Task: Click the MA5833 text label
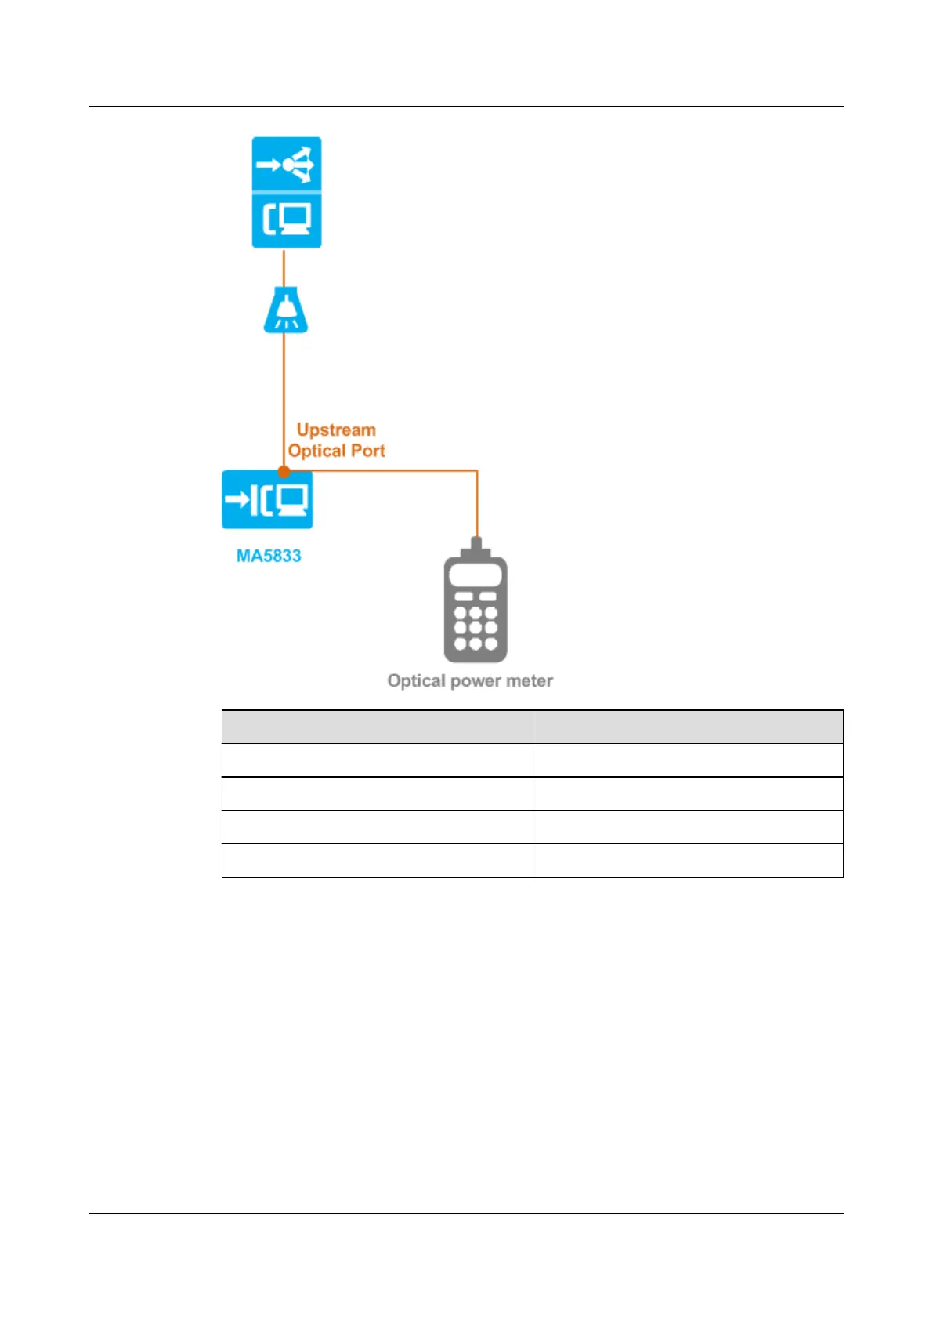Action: (269, 556)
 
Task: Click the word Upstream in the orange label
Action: (336, 430)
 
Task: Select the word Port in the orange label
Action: (368, 451)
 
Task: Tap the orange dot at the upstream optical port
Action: (284, 471)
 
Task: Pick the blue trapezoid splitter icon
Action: (285, 310)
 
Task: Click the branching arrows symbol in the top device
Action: (287, 165)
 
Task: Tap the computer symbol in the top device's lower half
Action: (287, 219)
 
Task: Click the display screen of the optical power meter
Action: (476, 574)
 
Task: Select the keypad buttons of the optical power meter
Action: (476, 627)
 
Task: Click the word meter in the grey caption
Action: (530, 680)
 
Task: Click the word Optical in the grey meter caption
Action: (416, 680)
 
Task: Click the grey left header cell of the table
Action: (377, 727)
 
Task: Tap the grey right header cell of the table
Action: (688, 727)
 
